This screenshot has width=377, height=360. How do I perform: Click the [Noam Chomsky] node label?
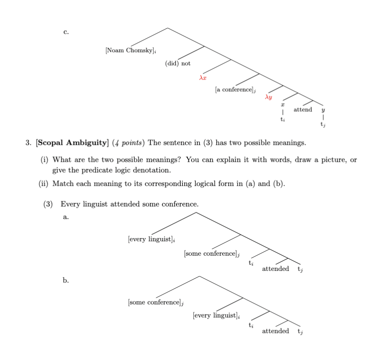(x=131, y=50)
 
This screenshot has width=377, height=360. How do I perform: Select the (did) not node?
(x=178, y=63)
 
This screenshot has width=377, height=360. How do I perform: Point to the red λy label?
(x=269, y=98)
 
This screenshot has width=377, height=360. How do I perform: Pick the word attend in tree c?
(x=303, y=110)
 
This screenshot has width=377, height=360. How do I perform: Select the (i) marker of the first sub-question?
(x=45, y=160)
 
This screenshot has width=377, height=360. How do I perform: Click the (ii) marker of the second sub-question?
(x=44, y=183)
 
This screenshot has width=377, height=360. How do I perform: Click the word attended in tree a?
(x=275, y=269)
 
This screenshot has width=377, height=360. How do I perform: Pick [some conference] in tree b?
(x=156, y=302)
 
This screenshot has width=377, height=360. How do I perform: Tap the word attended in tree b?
(x=275, y=331)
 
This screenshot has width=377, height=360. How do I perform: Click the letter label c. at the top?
(x=66, y=32)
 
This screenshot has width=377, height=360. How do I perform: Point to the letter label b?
(x=66, y=280)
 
